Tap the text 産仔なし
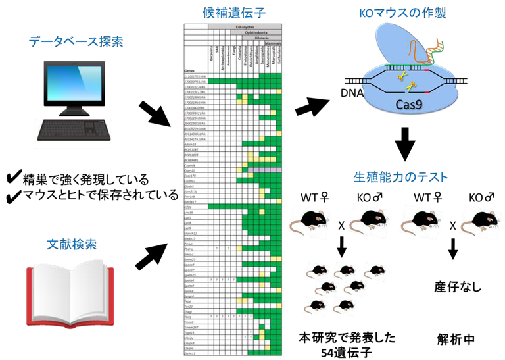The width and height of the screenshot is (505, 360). (x=453, y=287)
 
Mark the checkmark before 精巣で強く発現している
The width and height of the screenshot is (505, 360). (x=11, y=179)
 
